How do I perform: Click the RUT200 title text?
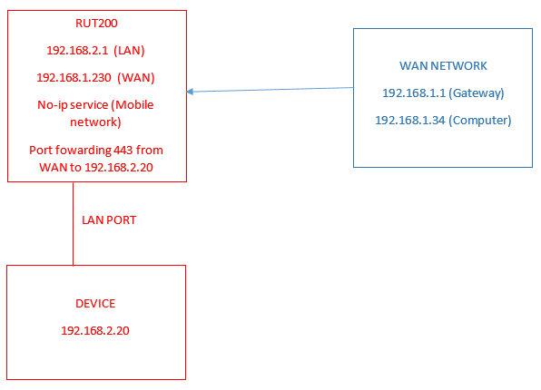click(x=96, y=23)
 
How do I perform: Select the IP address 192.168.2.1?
click(x=77, y=51)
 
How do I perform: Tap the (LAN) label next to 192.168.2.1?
click(x=129, y=51)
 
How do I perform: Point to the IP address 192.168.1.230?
click(x=74, y=78)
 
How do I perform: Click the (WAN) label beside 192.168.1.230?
click(x=135, y=78)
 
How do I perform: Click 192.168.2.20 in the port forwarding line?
click(x=119, y=167)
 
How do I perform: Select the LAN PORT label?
click(x=109, y=220)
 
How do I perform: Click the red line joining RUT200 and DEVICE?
click(x=74, y=224)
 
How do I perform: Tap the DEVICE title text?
click(x=95, y=304)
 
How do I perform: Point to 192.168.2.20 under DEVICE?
click(x=95, y=331)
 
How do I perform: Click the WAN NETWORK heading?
click(x=443, y=66)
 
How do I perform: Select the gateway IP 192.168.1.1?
click(x=414, y=93)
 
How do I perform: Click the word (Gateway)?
click(x=477, y=93)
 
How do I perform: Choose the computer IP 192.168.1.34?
click(x=410, y=121)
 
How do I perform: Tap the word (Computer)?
click(x=480, y=121)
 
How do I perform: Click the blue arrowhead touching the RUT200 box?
click(x=190, y=92)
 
